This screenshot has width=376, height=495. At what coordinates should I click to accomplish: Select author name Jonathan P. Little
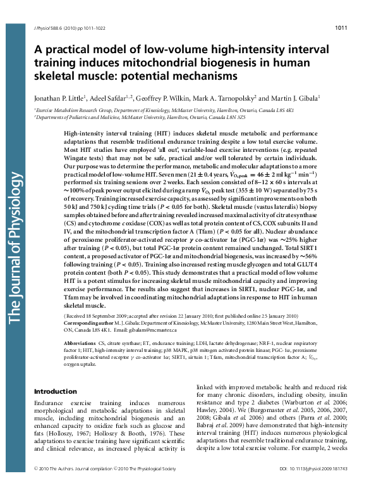tap(59, 99)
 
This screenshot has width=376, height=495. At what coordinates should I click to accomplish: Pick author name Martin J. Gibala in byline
tap(296, 99)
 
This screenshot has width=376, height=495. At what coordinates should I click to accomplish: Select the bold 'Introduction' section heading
tap(55, 391)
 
